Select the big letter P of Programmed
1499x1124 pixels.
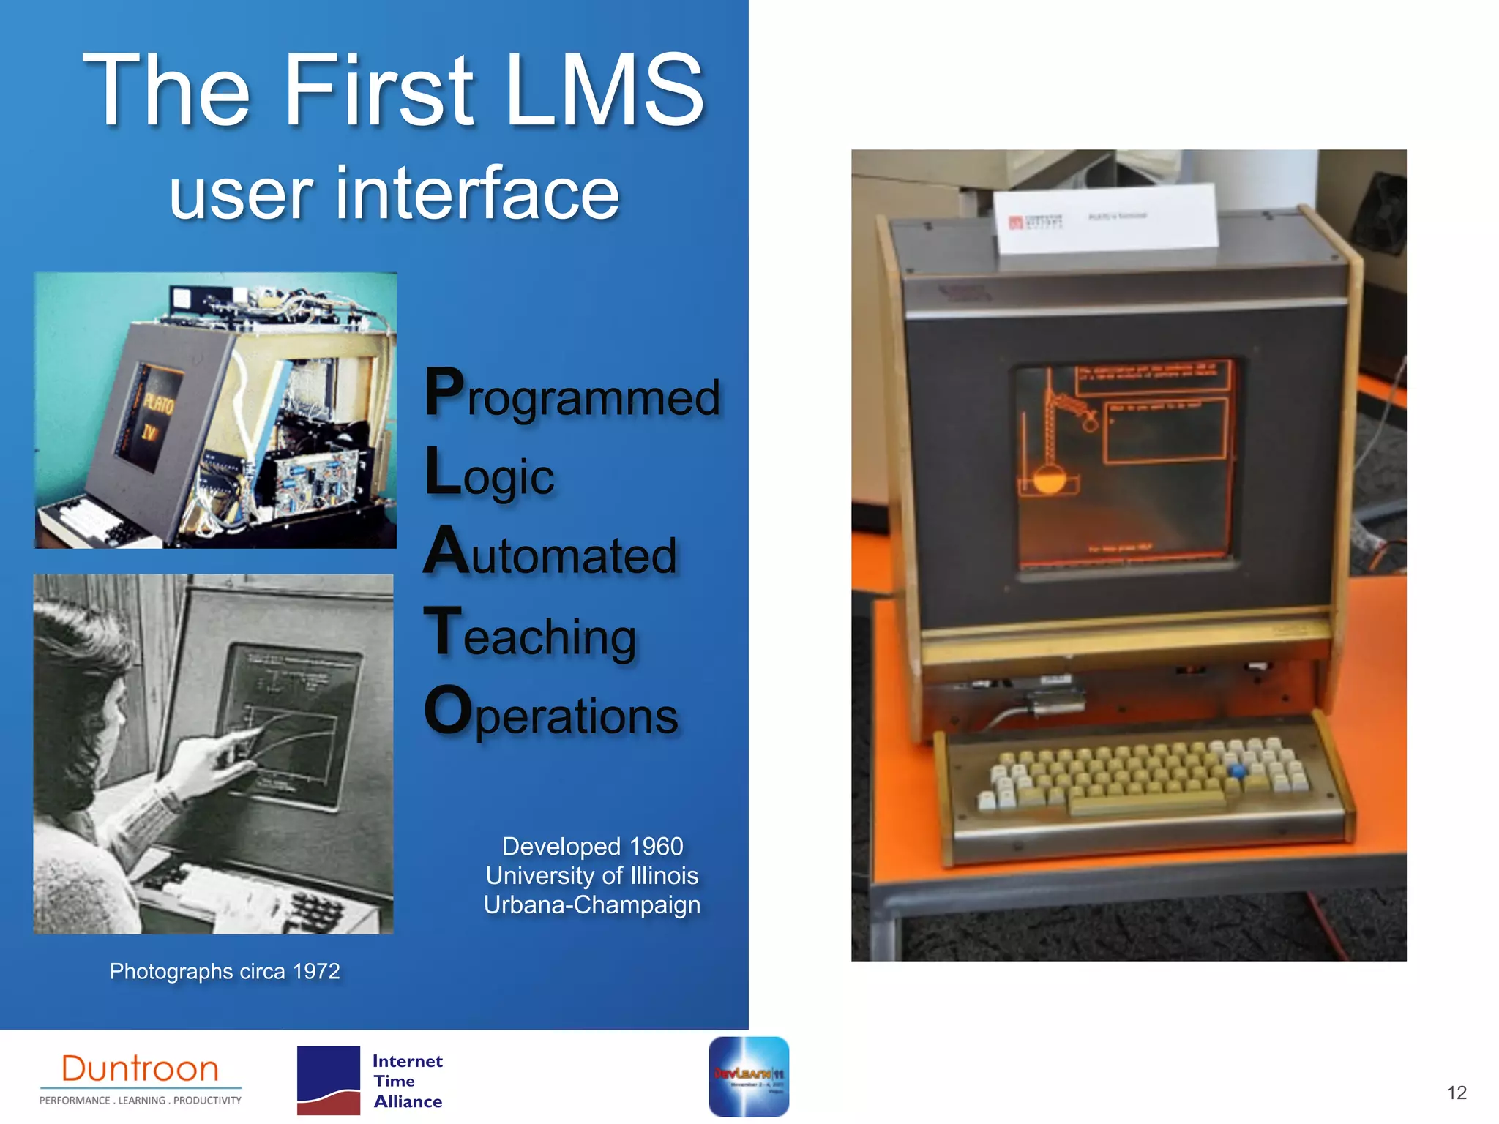tap(444, 393)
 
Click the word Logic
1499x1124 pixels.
tap(489, 474)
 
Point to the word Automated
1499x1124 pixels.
tap(550, 554)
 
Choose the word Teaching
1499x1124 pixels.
tap(530, 634)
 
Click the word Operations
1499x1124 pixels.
tap(550, 713)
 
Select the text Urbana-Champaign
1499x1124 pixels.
tap(591, 905)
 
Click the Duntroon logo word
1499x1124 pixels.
tap(140, 1069)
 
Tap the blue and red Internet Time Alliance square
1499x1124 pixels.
tap(328, 1080)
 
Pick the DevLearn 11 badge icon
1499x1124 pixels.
tap(748, 1076)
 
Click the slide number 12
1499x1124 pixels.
tap(1457, 1093)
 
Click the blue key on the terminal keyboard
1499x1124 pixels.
tap(1237, 771)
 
